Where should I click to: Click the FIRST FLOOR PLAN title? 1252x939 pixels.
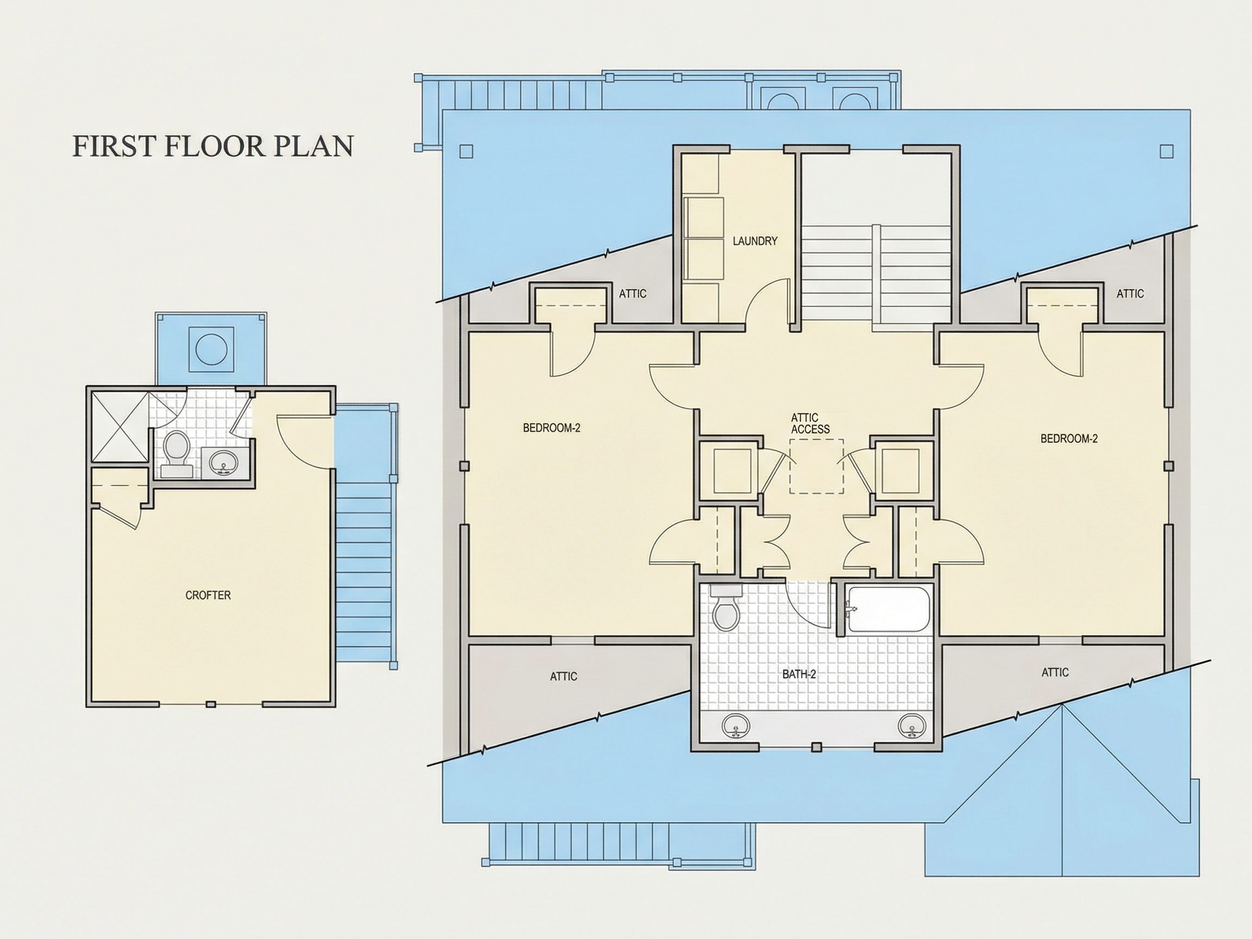point(213,146)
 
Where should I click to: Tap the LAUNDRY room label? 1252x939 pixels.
point(755,241)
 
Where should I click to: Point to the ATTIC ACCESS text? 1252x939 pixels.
point(810,423)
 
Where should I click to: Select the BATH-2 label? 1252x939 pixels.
point(799,674)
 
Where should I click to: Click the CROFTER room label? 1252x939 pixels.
point(208,595)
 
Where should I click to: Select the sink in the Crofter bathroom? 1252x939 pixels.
point(225,462)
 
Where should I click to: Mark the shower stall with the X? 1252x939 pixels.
point(121,425)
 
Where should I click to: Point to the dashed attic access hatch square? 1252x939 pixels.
point(816,466)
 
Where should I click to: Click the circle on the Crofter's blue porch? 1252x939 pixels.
point(211,349)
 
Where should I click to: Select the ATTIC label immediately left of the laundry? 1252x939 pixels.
point(632,294)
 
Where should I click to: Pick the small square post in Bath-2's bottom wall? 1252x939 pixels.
point(816,747)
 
